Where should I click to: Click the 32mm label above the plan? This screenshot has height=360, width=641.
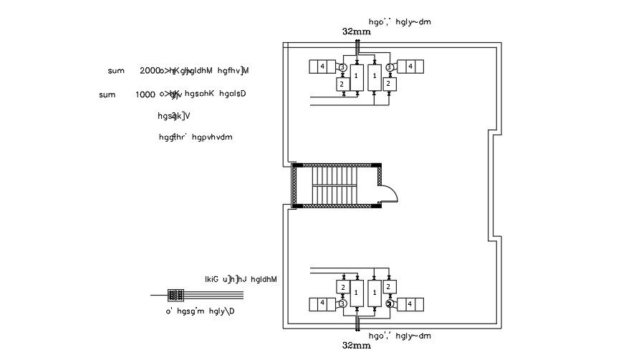tap(357, 32)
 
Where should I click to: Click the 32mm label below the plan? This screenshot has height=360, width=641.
tap(357, 346)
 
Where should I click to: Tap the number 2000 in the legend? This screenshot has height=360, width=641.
tap(150, 71)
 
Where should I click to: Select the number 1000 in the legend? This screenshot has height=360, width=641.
tap(146, 94)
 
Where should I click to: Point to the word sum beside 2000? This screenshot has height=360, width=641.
tap(116, 71)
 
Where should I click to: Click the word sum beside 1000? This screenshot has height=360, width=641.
tap(107, 94)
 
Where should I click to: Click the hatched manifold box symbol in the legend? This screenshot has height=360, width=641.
tap(176, 295)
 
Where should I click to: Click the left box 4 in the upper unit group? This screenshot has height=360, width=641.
tap(322, 67)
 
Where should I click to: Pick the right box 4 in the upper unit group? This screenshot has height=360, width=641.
tap(410, 67)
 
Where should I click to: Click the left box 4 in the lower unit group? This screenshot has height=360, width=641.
tap(322, 303)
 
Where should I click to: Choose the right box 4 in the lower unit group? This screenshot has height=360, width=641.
tap(410, 303)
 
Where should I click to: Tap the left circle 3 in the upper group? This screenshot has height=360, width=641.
tap(342, 67)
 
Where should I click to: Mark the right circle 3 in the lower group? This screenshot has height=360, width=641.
tap(390, 303)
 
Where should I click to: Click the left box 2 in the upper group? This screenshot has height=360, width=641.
tap(342, 84)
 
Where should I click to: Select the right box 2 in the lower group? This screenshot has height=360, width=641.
tap(388, 286)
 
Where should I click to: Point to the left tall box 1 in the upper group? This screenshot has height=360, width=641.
tap(357, 77)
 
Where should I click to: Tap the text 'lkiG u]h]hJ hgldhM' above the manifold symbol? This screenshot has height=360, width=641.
tap(241, 279)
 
